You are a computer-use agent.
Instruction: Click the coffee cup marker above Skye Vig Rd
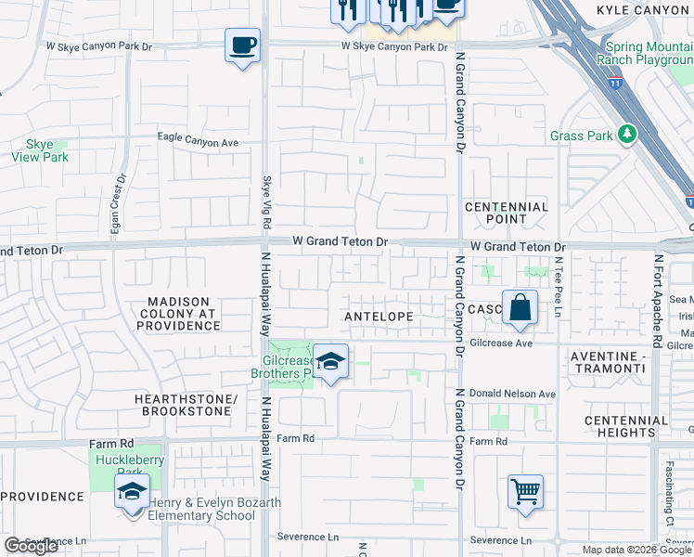click(242, 45)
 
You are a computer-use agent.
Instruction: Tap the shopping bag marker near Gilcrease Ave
click(520, 307)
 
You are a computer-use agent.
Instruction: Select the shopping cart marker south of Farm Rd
click(525, 492)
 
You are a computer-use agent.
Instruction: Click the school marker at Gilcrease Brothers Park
click(329, 362)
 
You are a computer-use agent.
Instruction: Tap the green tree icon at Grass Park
click(628, 135)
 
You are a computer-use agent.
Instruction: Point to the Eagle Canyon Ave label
click(198, 143)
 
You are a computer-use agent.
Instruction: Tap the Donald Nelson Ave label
click(512, 394)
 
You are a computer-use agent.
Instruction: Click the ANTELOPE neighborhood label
click(378, 317)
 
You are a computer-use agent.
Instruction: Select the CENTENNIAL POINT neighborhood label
click(507, 213)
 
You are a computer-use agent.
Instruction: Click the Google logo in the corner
click(31, 546)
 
